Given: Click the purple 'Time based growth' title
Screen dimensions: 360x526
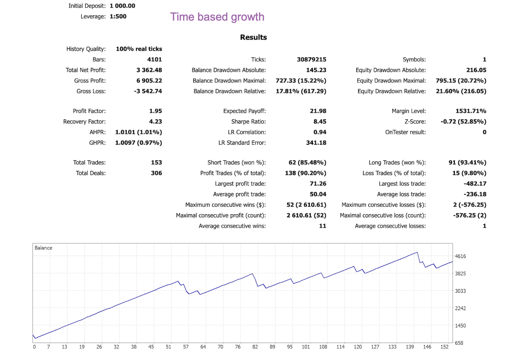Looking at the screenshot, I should point(217,17).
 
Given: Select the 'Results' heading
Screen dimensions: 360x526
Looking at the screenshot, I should point(254,37).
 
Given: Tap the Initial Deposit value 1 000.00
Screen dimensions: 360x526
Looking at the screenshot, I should point(122,6).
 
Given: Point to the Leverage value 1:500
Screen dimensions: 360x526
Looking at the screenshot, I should point(118,16).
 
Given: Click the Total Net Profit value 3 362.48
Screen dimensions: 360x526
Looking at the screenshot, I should point(149,70).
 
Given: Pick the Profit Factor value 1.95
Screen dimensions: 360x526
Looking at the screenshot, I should point(155,111).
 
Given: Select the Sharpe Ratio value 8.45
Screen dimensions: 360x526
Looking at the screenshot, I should point(319,122).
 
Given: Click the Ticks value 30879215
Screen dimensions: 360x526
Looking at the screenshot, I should point(311,59).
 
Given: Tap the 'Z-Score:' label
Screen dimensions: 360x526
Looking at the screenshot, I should point(415,122).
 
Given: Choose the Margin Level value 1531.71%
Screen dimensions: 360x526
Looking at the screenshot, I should point(471,111).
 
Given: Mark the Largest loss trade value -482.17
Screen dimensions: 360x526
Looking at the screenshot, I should point(475,184).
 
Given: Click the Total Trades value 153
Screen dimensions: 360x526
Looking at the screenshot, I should point(156,163).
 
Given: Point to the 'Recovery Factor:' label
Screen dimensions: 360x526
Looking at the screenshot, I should point(84,122).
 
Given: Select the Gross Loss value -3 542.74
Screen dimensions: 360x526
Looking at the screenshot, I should point(148,91).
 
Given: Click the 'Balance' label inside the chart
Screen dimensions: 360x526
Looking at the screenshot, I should point(43,248).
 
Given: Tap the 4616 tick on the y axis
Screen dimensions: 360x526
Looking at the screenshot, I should point(460,256).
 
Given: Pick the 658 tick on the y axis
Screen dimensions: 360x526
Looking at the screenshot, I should point(459,343).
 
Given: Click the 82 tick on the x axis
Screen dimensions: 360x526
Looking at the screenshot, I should point(255,347).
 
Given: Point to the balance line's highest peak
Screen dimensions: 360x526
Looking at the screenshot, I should point(417,252).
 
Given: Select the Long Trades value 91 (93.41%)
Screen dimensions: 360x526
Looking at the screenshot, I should point(467,163).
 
